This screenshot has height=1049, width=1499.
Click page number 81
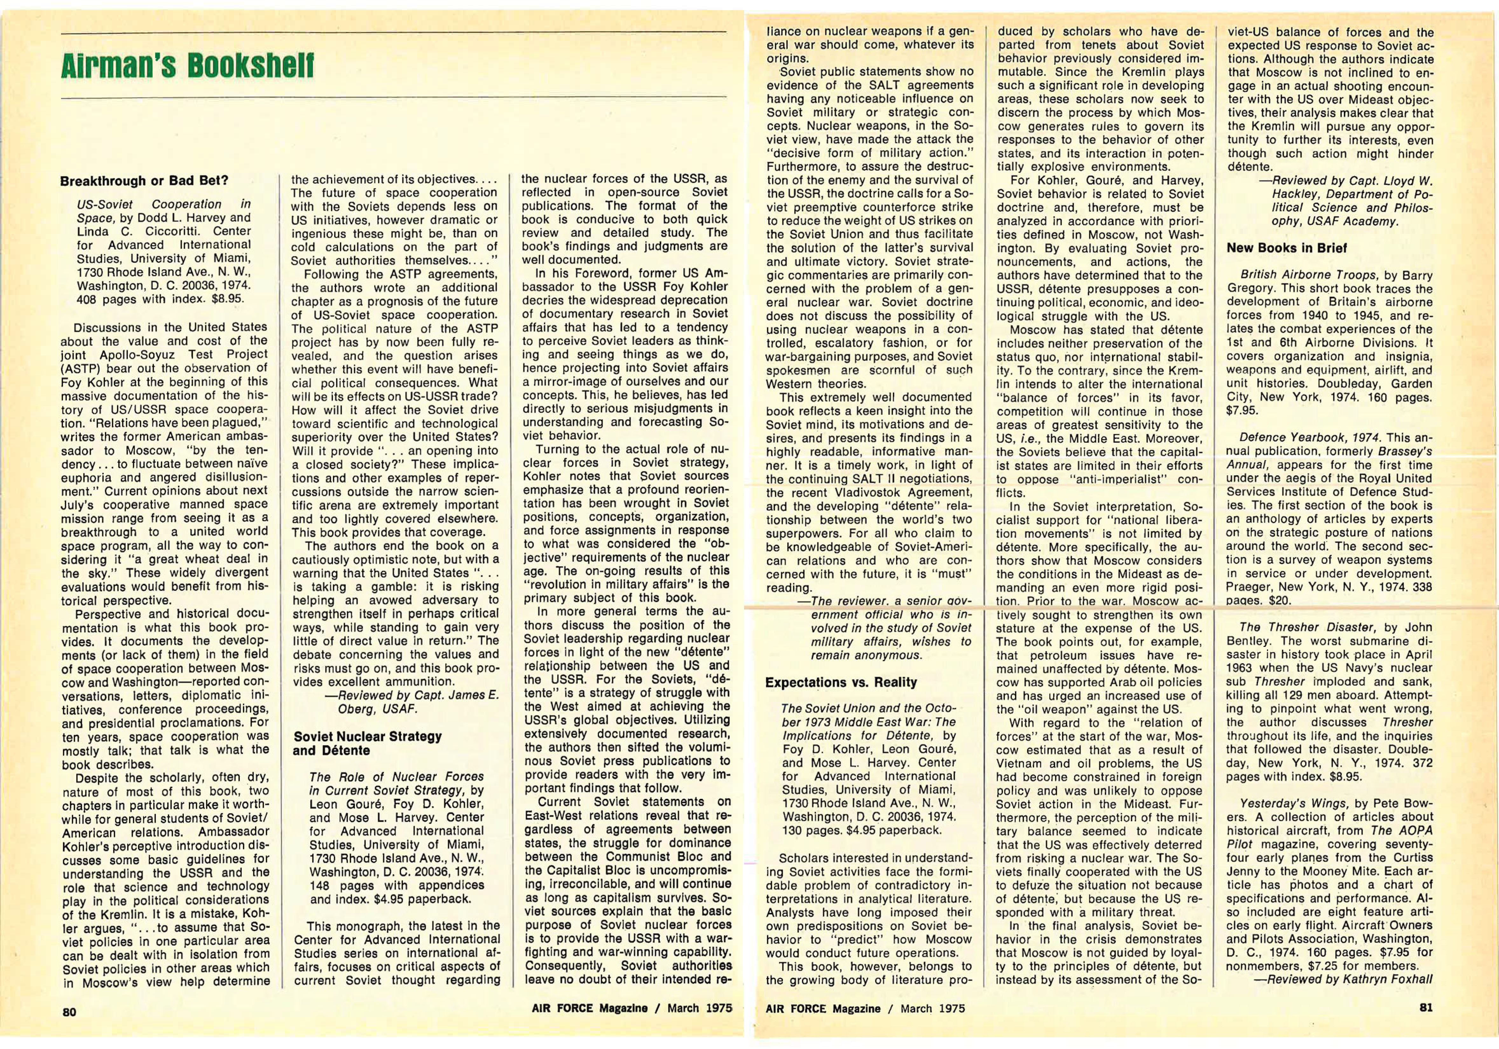coord(1426,1007)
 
